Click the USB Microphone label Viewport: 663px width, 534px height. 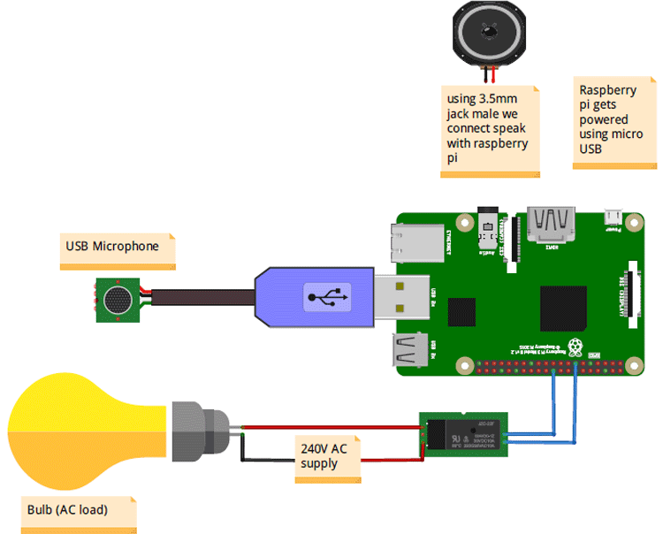pos(112,247)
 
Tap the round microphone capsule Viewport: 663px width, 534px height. pos(117,300)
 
